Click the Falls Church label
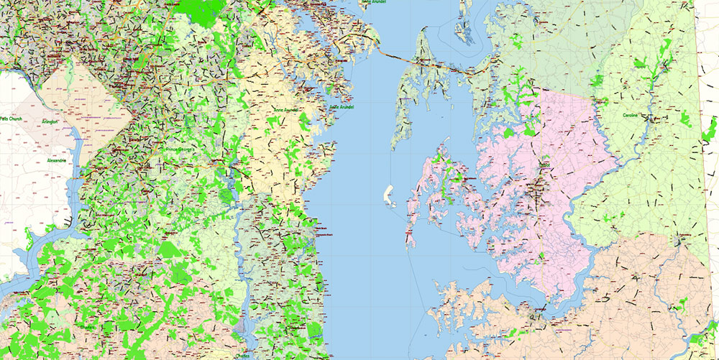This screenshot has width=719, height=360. click(x=13, y=118)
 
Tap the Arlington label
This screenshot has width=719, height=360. click(x=50, y=122)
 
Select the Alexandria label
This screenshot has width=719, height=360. click(x=56, y=160)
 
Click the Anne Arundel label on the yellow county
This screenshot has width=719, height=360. click(x=286, y=109)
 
